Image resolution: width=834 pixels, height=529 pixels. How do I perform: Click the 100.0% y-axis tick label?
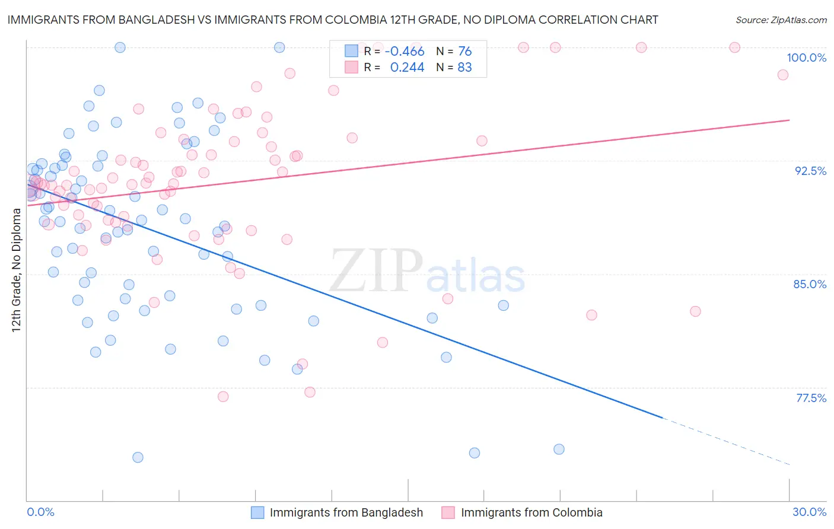806,58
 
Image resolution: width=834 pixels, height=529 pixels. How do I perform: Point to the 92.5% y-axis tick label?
810,171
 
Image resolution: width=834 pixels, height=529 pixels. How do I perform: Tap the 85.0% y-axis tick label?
810,284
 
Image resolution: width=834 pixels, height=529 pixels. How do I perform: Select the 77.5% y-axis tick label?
811,398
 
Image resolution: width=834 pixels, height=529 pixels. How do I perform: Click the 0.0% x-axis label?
40,512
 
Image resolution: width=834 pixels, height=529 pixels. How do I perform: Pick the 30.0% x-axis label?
809,512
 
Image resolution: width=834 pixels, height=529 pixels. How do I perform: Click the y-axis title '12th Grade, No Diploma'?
17,270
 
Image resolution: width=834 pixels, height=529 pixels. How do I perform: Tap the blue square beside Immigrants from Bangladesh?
257,512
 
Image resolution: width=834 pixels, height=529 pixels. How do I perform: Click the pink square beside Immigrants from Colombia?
448,512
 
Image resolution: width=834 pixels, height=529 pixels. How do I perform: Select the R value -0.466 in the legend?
405,52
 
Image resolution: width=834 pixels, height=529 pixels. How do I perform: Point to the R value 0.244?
407,68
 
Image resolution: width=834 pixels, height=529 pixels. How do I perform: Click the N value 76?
464,52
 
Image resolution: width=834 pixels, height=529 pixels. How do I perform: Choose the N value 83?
464,68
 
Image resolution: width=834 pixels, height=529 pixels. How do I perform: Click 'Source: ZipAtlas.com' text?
781,20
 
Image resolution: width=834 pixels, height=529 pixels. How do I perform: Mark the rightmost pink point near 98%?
782,75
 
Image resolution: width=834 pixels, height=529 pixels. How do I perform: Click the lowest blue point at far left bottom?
138,457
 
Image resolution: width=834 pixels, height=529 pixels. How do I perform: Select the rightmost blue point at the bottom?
559,449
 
